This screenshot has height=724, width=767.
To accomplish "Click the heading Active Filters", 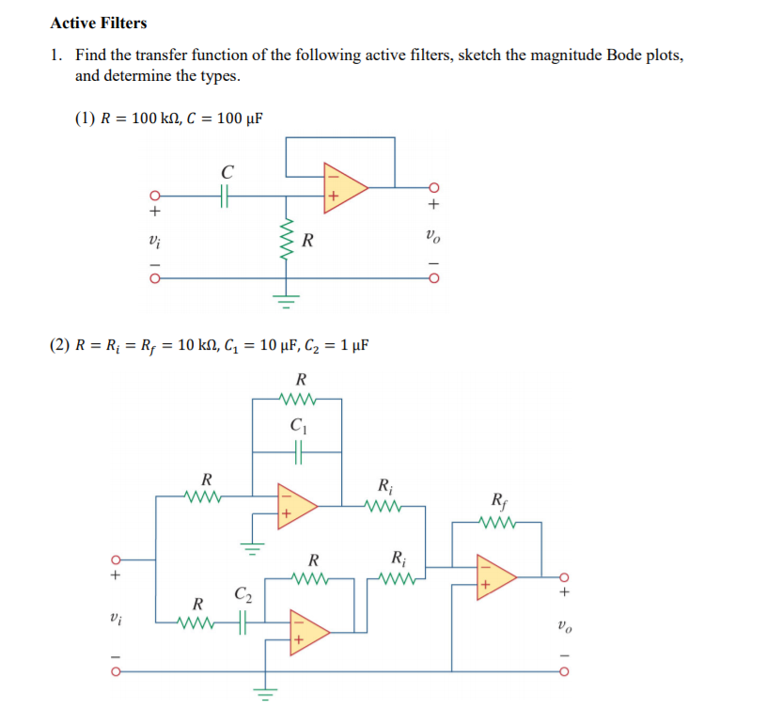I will coord(99,23).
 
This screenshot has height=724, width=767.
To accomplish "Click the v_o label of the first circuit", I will coord(431,236).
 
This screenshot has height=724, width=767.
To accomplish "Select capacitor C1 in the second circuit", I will coord(298,452).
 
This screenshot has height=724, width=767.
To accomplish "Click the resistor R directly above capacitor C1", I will coord(299,400).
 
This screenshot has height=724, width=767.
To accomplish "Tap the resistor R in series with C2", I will coord(198,622).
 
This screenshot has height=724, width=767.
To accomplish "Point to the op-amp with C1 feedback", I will coord(293,504).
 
